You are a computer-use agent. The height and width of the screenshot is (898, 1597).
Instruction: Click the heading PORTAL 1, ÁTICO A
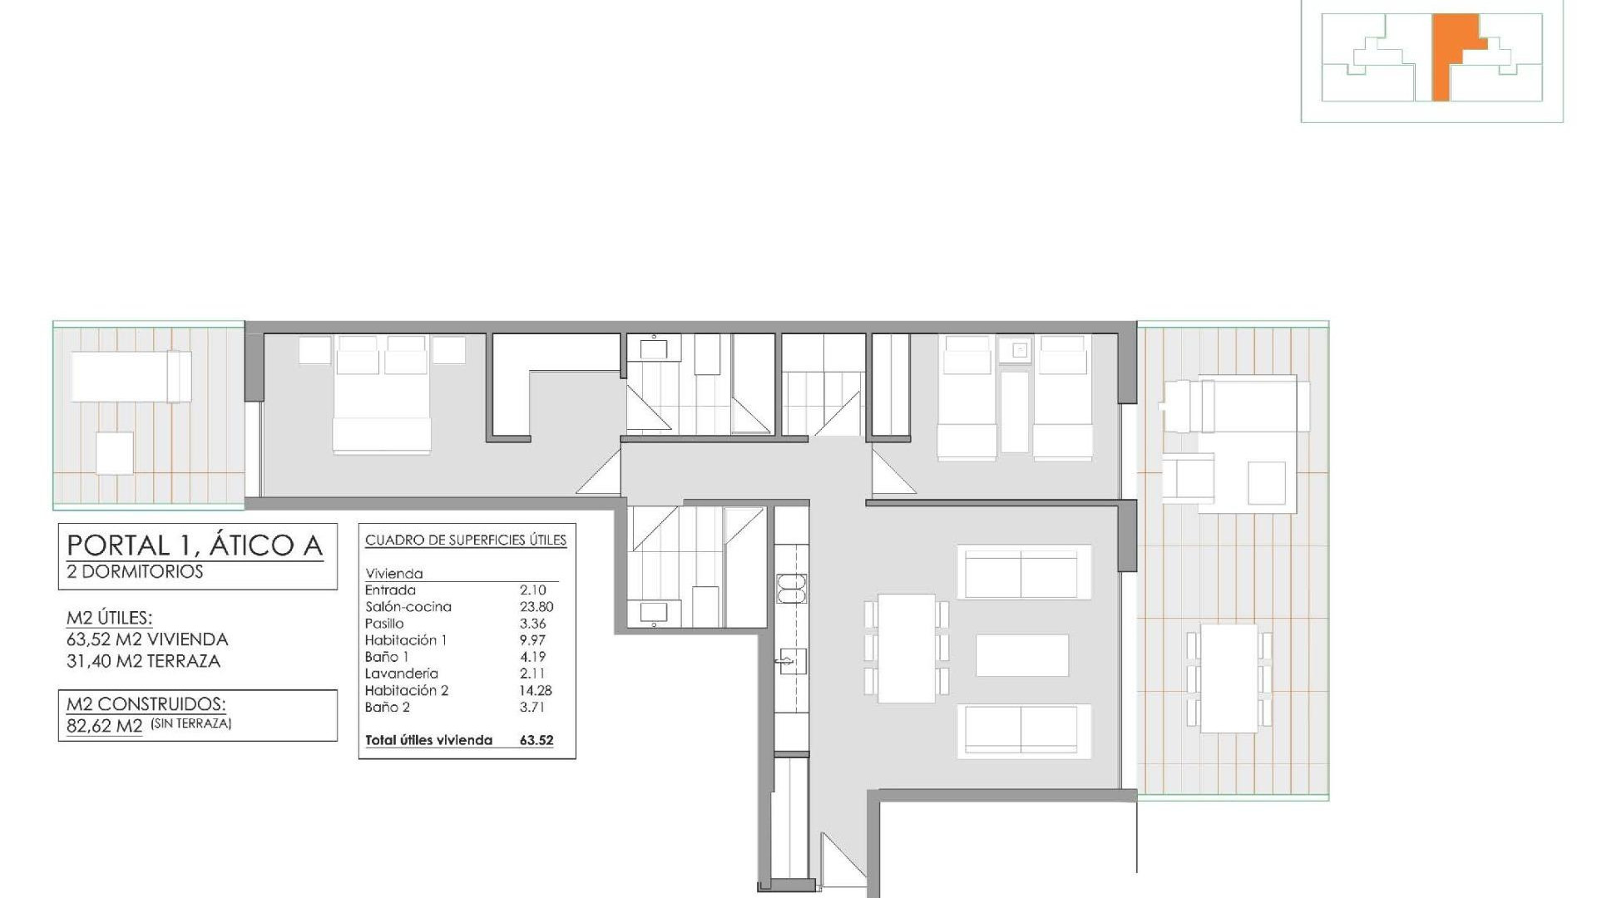pyautogui.click(x=195, y=545)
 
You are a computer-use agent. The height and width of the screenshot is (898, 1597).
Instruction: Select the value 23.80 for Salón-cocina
pyautogui.click(x=536, y=607)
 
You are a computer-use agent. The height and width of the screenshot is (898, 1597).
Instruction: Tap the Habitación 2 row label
pyautogui.click(x=406, y=690)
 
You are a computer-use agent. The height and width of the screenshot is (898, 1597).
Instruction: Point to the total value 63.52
pyautogui.click(x=536, y=740)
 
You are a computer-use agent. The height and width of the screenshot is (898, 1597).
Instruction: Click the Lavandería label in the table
pyautogui.click(x=401, y=673)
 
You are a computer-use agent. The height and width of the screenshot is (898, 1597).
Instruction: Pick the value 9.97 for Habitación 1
pyautogui.click(x=532, y=640)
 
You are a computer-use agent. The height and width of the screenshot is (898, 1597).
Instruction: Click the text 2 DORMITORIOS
pyautogui.click(x=135, y=572)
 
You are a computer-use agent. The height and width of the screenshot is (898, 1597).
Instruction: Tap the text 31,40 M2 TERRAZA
pyautogui.click(x=143, y=662)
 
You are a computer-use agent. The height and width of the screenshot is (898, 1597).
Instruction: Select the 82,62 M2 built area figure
pyautogui.click(x=105, y=726)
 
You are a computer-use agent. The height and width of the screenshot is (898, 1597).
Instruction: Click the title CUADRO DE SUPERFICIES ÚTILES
pyautogui.click(x=466, y=540)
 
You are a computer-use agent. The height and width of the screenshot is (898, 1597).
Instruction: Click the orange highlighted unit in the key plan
pyautogui.click(x=1447, y=58)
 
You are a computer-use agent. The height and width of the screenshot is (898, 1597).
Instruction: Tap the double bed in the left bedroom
pyautogui.click(x=382, y=399)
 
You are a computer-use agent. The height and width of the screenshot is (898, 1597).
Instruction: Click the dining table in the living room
pyautogui.click(x=906, y=648)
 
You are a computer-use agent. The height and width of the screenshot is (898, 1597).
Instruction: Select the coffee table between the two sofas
pyautogui.click(x=1021, y=655)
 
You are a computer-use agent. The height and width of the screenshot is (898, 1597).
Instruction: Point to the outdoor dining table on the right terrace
pyautogui.click(x=1229, y=678)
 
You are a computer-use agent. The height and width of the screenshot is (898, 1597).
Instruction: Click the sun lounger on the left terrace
pyautogui.click(x=131, y=377)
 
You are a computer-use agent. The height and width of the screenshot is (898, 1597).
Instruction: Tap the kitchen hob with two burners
pyautogui.click(x=791, y=588)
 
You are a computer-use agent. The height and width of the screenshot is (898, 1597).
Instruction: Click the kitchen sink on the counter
pyautogui.click(x=793, y=663)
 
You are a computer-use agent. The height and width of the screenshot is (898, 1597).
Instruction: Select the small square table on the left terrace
pyautogui.click(x=114, y=453)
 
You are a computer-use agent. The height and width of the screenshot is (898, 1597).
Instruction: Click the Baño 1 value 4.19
pyautogui.click(x=532, y=657)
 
